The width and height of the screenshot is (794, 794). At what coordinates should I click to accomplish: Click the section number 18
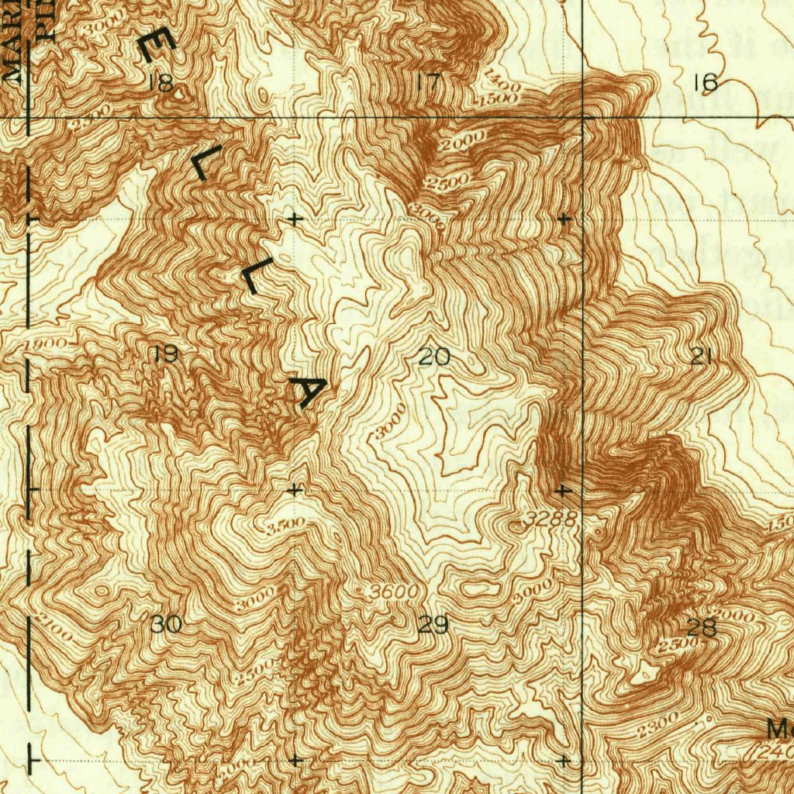coord(161,84)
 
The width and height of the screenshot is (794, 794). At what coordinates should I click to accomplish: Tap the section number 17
coord(427,82)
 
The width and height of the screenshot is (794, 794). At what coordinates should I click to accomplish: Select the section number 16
coord(705,82)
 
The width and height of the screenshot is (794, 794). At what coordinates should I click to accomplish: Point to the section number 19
coord(165,354)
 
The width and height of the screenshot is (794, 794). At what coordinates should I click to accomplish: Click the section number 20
coord(433,357)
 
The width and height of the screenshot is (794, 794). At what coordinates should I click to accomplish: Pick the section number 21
coord(702,356)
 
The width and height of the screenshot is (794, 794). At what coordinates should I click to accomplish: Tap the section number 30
coord(166,624)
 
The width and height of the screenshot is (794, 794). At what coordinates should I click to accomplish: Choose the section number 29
coord(433,625)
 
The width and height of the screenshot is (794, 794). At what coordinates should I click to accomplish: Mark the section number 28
coord(702,628)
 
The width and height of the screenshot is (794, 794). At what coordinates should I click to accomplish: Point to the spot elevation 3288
coord(549,520)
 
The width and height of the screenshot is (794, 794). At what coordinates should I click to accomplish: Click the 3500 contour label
coord(285,525)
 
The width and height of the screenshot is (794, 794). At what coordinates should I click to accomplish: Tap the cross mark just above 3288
coord(563,491)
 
